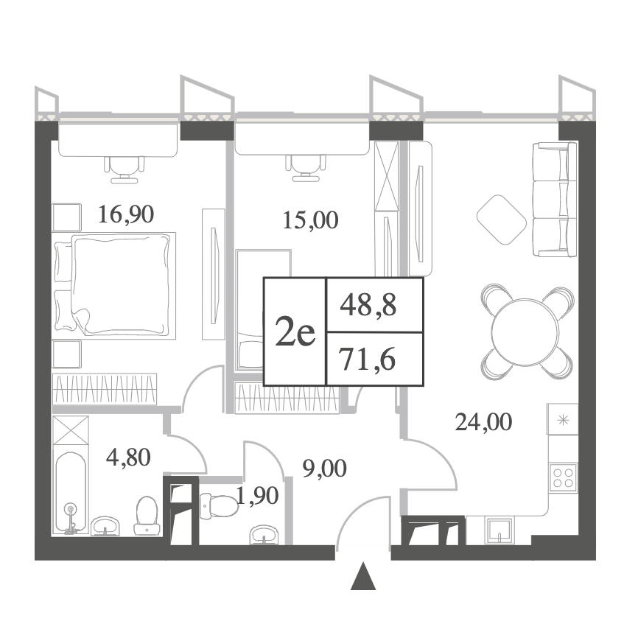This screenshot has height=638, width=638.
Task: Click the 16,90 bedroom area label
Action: (126, 214)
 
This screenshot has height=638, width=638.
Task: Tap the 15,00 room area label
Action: (310, 220)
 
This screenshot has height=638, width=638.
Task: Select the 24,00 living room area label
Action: (483, 422)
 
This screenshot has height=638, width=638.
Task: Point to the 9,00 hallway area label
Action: (324, 469)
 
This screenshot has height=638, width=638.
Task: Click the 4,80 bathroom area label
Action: (128, 458)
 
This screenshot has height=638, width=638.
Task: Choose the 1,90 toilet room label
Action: (258, 496)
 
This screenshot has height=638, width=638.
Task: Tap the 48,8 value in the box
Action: (368, 306)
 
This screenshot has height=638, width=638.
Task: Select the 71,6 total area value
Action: (368, 360)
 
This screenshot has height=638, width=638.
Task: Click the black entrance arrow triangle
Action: (363, 577)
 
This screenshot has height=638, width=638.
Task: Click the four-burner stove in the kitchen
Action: (563, 478)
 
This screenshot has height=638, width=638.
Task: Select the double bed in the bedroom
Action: (114, 285)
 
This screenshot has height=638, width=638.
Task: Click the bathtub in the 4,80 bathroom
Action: (71, 493)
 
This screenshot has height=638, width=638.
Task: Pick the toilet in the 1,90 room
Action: (219, 505)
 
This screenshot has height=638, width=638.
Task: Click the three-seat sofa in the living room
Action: (555, 200)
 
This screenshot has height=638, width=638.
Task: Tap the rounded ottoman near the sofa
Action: (502, 220)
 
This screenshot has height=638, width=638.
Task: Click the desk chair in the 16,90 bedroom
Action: (124, 170)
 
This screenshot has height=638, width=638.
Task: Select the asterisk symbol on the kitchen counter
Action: (564, 420)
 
